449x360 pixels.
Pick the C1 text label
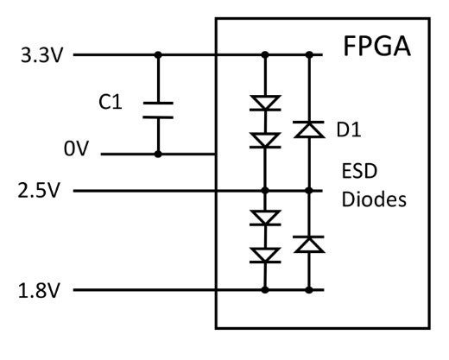click(111, 104)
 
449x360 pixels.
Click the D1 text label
click(347, 130)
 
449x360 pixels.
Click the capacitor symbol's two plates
click(157, 110)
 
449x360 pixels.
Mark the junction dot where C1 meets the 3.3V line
click(157, 55)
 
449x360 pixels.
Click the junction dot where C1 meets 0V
click(157, 155)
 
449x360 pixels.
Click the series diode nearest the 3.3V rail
click(264, 104)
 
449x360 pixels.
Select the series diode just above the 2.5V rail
click(264, 140)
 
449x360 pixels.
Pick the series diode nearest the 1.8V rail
click(264, 255)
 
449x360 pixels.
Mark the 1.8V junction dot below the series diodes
click(264, 290)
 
